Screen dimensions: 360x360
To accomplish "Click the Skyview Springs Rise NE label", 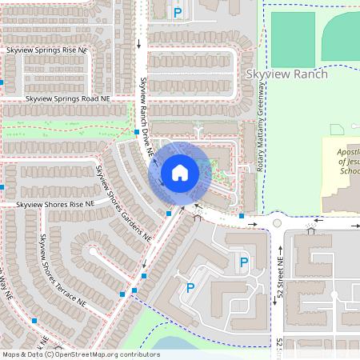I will click(46, 50).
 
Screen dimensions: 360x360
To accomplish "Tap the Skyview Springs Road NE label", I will click(68, 98).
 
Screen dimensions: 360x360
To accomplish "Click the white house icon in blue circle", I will click(180, 173).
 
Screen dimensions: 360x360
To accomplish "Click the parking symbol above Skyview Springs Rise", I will click(178, 12).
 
